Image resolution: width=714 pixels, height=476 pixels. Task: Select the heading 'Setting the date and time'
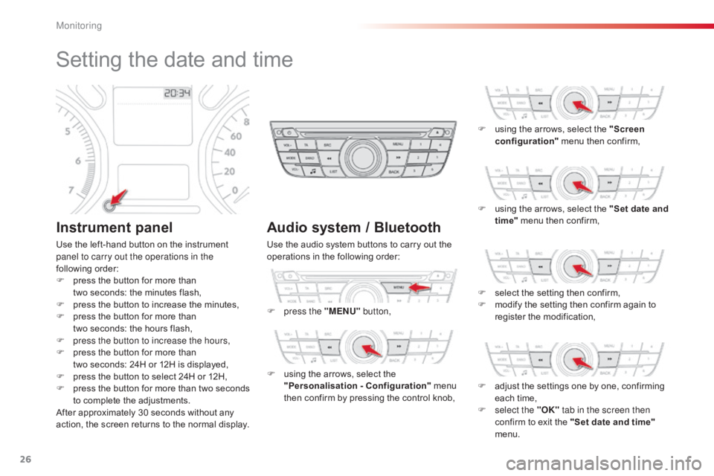coord(173,59)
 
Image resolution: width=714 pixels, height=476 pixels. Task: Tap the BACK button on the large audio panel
coord(396,171)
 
